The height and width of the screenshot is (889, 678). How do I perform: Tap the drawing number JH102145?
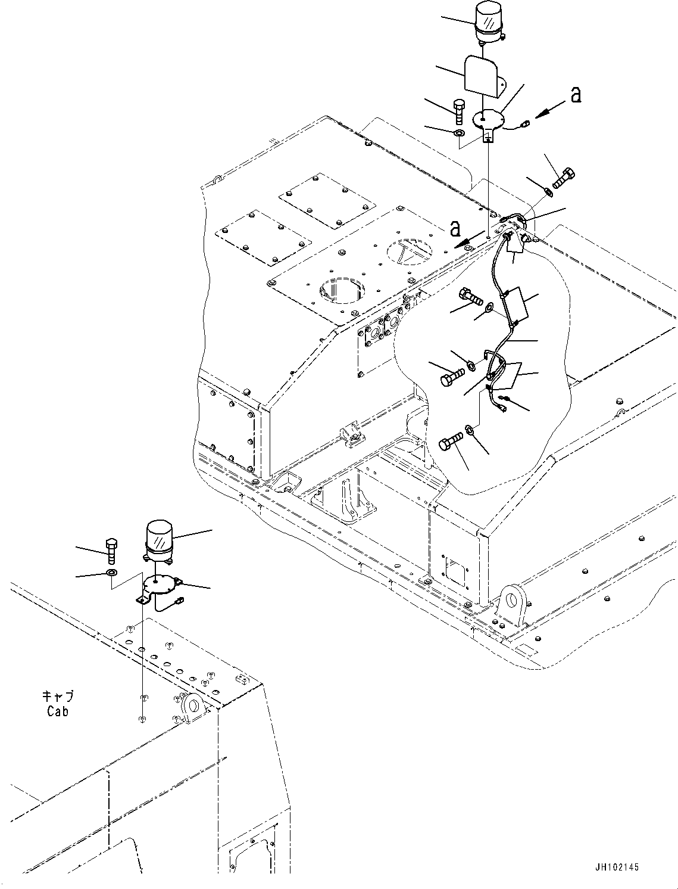[x=615, y=867]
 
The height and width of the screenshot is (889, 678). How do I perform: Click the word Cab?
[x=57, y=711]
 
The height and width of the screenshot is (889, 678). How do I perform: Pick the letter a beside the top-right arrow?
[x=575, y=94]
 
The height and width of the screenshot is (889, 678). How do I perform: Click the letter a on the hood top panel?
[x=455, y=228]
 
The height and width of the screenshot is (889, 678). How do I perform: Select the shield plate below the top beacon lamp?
[x=483, y=74]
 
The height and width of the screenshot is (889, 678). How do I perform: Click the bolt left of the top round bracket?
[x=458, y=110]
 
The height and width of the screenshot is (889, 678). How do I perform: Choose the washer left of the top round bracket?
[x=460, y=132]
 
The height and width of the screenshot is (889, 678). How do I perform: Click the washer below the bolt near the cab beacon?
[x=111, y=573]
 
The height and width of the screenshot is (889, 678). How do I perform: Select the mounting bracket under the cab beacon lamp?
[x=160, y=586]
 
